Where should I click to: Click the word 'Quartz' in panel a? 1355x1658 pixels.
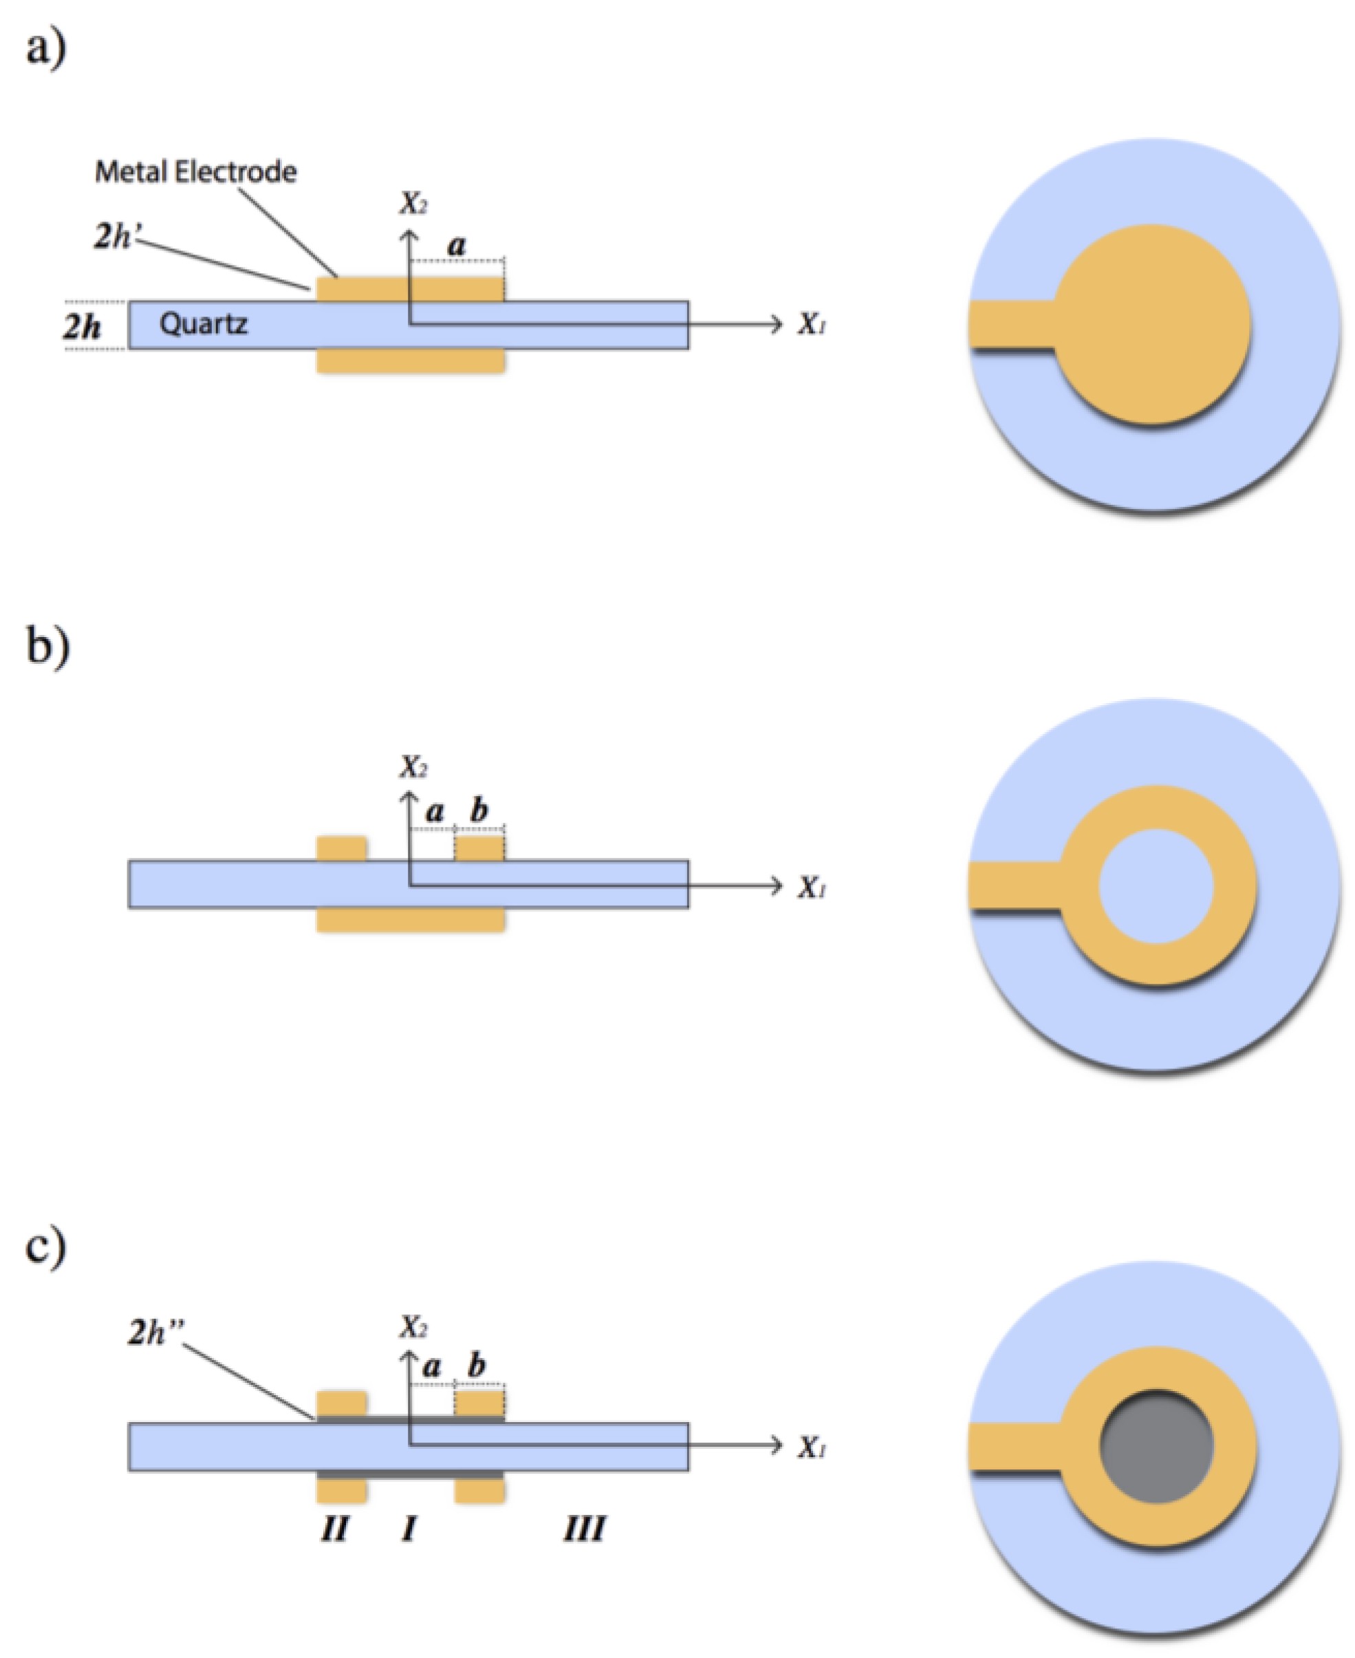(x=203, y=323)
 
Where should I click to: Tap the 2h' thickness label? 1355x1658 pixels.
(x=114, y=236)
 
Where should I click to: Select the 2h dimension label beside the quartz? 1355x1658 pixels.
(x=82, y=325)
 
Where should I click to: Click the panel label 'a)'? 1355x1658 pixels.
(x=45, y=48)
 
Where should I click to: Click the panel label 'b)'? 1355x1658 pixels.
(x=47, y=646)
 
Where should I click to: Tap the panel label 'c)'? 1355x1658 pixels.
(x=45, y=1247)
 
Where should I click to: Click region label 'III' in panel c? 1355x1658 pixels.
(x=584, y=1529)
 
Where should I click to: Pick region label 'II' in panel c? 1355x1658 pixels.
(x=335, y=1529)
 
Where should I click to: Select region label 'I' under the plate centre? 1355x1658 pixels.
(x=408, y=1529)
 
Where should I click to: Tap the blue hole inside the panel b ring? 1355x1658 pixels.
(x=1156, y=886)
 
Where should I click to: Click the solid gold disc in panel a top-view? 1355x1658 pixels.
(x=1152, y=324)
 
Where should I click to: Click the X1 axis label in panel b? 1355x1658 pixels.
(x=811, y=887)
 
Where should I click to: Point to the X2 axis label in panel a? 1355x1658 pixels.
(x=413, y=204)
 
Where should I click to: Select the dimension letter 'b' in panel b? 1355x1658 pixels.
(x=479, y=810)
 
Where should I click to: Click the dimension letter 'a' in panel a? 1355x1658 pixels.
(x=456, y=245)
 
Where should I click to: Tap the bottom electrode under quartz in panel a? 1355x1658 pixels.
(x=411, y=360)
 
